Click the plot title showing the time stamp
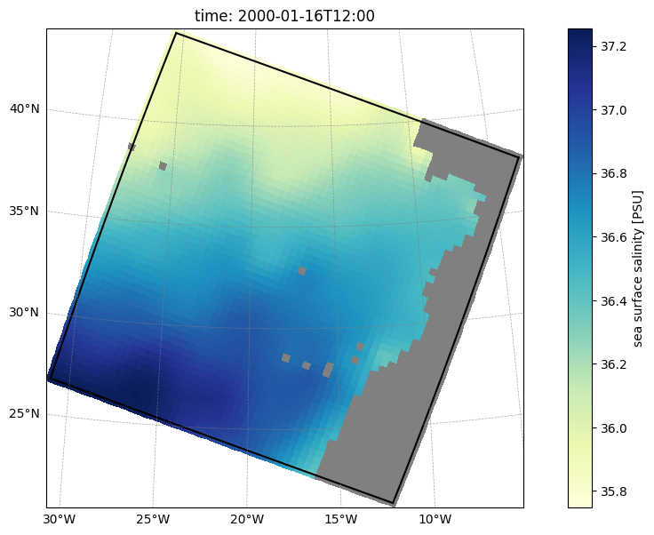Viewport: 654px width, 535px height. tap(284, 16)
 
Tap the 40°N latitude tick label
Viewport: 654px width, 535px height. tap(25, 108)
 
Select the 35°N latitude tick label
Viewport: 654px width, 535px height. tap(25, 211)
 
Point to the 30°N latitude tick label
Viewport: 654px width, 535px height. tap(25, 312)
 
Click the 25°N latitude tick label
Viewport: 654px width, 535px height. tap(25, 413)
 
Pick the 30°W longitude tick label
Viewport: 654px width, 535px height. tap(60, 520)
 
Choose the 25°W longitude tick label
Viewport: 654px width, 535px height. tap(153, 520)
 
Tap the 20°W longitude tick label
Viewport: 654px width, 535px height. tap(247, 520)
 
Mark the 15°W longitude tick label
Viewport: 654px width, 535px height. tap(340, 520)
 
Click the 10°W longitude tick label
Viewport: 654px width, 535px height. tap(435, 520)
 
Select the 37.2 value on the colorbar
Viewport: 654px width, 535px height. tap(613, 47)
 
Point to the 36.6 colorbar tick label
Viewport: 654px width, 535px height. tap(613, 237)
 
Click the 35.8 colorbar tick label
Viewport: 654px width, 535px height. tap(613, 492)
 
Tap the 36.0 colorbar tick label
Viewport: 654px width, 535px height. tap(613, 428)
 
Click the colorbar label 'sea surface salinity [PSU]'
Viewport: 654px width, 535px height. tap(638, 268)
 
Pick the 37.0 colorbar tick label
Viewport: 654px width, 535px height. tap(613, 110)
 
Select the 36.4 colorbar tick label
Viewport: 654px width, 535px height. tap(613, 301)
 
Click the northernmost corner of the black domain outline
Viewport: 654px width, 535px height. tap(177, 33)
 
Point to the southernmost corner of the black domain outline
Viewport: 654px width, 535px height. tap(393, 503)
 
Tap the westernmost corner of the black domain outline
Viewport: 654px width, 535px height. tap(50, 379)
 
